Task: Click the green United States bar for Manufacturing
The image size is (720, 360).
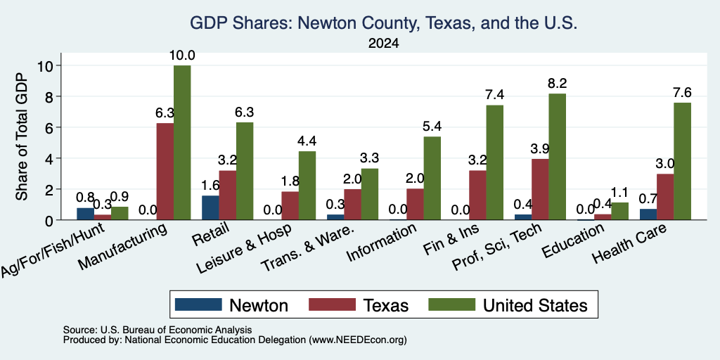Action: coord(182,142)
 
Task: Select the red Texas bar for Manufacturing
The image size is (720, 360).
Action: coord(165,172)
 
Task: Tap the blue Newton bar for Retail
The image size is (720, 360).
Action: coord(210,207)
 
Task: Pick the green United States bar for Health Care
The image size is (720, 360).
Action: coord(682,161)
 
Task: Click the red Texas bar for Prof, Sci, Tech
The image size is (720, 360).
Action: coord(539,189)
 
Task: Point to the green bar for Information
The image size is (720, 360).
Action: coord(432,178)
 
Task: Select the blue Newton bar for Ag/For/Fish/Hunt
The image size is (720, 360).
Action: coord(85,214)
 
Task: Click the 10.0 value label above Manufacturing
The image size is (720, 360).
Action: coord(182,56)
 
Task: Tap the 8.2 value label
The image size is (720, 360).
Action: coord(557,84)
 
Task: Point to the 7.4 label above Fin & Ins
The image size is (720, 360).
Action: coord(495,95)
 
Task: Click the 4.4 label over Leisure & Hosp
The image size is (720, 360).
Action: coord(307,141)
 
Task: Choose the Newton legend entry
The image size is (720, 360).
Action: coord(232,305)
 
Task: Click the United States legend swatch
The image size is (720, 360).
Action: coord(451,304)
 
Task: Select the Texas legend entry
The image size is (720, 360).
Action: coord(359,305)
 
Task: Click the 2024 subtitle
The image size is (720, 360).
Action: coord(383,44)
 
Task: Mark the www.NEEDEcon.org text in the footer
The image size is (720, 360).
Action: coord(359,340)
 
